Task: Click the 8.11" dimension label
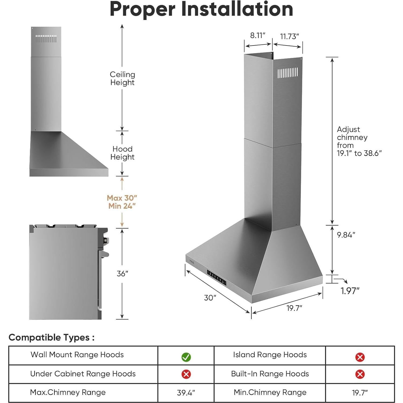(258, 36)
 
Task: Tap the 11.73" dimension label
(289, 36)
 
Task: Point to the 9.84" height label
(346, 235)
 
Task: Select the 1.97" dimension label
(350, 291)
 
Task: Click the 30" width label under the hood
(210, 298)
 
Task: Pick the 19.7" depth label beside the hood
(294, 308)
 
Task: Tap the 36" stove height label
(122, 274)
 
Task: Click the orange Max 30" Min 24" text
(122, 202)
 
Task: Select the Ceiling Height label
(122, 78)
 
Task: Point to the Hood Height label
(122, 153)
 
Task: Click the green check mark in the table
(186, 357)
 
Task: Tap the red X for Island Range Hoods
(360, 357)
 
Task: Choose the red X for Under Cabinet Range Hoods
(186, 374)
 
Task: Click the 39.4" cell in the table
(186, 393)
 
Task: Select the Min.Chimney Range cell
(270, 393)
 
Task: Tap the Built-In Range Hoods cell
(270, 374)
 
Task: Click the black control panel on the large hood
(216, 277)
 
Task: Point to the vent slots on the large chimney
(288, 73)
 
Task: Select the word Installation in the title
(237, 9)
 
